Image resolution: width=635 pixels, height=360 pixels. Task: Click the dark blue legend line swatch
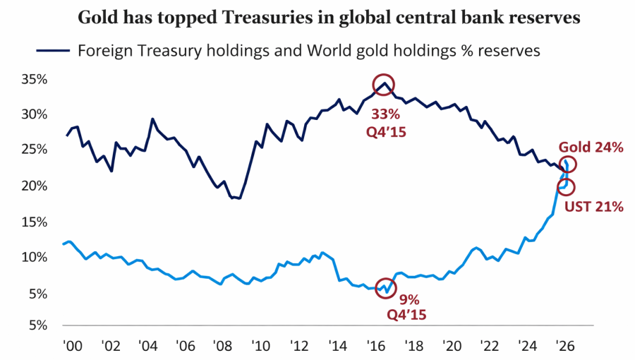coord(49,51)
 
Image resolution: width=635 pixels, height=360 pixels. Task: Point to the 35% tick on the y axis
coord(33,80)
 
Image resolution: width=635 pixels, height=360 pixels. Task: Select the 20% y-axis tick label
coord(33,186)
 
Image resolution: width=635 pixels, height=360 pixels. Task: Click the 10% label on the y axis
coord(33,257)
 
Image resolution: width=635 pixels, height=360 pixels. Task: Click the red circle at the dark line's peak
coord(383,84)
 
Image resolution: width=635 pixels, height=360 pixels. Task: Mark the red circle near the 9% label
coord(387,288)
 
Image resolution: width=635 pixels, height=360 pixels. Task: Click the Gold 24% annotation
coord(591,148)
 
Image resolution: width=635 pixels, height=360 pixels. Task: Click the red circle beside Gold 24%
coord(568,164)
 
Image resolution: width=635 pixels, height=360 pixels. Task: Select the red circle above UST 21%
coord(566,187)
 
